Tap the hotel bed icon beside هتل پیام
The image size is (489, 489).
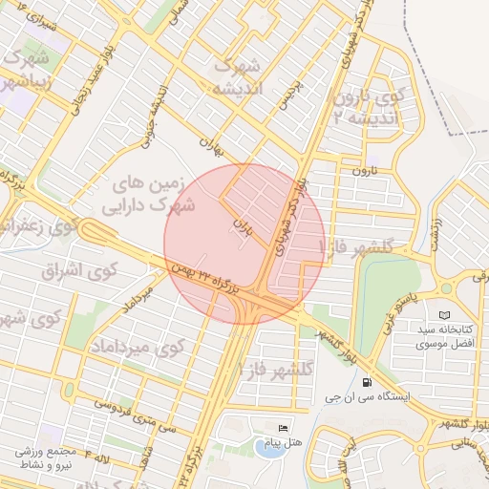coord(282,428)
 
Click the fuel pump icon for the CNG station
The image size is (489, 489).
coord(368,382)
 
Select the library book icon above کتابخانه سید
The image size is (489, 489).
coord(442,315)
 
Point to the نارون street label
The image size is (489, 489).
coord(359,171)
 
